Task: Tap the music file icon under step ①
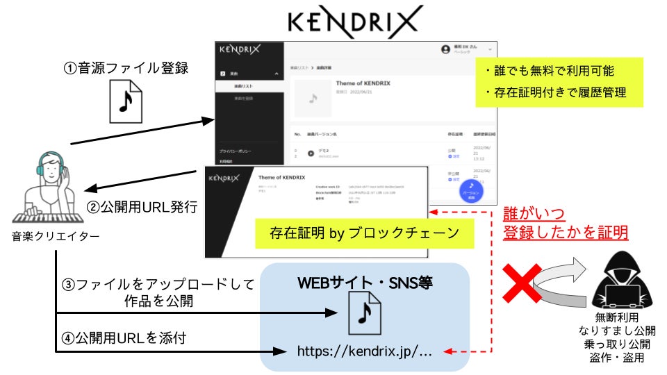tap(126, 103)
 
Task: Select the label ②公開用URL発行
tap(142, 206)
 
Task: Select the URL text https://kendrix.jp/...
tap(364, 351)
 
